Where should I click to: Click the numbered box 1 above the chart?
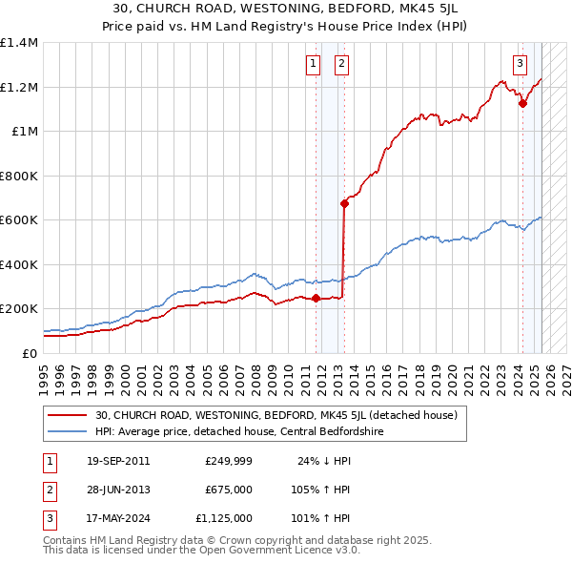pyautogui.click(x=313, y=64)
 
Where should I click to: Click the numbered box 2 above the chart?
pyautogui.click(x=340, y=64)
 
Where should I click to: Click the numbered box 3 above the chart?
pyautogui.click(x=520, y=64)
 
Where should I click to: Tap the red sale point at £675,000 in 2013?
pyautogui.click(x=344, y=203)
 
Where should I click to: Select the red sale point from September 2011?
pyautogui.click(x=316, y=298)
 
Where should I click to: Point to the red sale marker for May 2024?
pyautogui.click(x=522, y=104)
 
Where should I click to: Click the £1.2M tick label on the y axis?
pyautogui.click(x=19, y=87)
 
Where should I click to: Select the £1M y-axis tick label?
pyautogui.click(x=25, y=131)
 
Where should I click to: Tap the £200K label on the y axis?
pyautogui.click(x=19, y=309)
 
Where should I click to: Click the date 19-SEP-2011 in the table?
pyautogui.click(x=117, y=461)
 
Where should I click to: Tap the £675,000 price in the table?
pyautogui.click(x=228, y=490)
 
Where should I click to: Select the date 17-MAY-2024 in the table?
pyautogui.click(x=117, y=518)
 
